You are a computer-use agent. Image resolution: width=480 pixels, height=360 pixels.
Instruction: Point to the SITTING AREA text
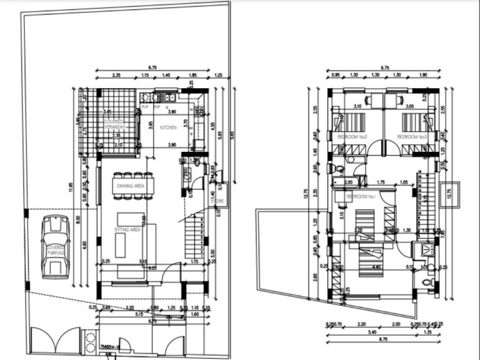pyautogui.click(x=127, y=230)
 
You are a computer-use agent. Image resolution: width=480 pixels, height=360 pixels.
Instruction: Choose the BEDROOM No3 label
pyautogui.click(x=412, y=136)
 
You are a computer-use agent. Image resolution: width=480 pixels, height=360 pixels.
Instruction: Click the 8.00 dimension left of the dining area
pyautogui.click(x=78, y=219)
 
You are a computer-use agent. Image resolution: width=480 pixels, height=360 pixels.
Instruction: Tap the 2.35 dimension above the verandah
pyautogui.click(x=117, y=76)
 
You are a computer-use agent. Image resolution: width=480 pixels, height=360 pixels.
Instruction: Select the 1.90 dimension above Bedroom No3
pyautogui.click(x=423, y=76)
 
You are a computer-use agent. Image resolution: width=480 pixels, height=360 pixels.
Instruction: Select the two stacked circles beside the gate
pyautogui.click(x=87, y=342)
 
